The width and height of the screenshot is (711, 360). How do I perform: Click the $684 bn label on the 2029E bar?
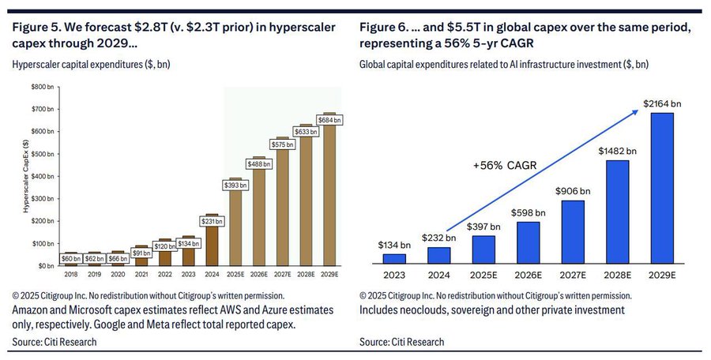point(330,120)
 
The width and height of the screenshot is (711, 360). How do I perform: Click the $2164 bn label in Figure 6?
point(661,103)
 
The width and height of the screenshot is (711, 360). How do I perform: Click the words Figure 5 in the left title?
point(31,28)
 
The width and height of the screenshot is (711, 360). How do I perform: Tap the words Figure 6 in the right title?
point(384,28)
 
